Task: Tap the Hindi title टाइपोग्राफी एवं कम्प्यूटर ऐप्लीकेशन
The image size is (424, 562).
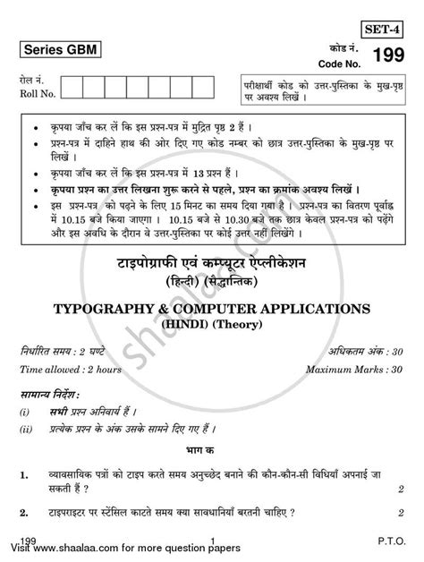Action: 211,266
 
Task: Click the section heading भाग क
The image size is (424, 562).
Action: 211,459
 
